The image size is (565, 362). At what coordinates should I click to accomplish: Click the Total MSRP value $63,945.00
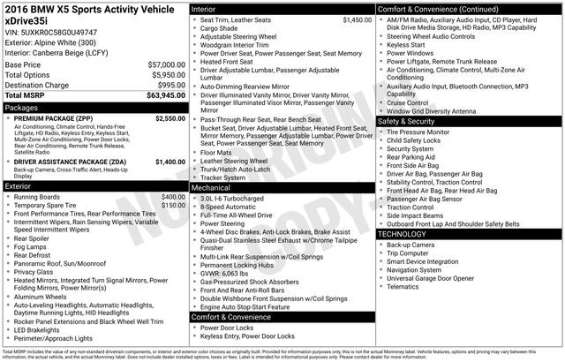coord(162,95)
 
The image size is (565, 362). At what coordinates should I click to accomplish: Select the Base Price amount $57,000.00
coord(162,65)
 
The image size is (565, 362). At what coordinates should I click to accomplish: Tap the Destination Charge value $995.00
coord(168,85)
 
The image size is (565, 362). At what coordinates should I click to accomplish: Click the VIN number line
coord(51,32)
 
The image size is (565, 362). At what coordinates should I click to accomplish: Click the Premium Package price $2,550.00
coord(169,117)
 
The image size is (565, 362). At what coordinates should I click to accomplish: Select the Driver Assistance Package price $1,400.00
coord(169,162)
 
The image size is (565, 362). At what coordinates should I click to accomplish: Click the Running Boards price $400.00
coord(173,196)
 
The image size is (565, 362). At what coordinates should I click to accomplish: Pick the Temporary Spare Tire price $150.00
coord(173,205)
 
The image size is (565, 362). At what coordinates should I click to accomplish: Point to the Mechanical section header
coord(211,188)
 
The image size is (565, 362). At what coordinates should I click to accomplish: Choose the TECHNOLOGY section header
coord(403,234)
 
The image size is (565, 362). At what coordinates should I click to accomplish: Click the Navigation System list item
coord(419,270)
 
